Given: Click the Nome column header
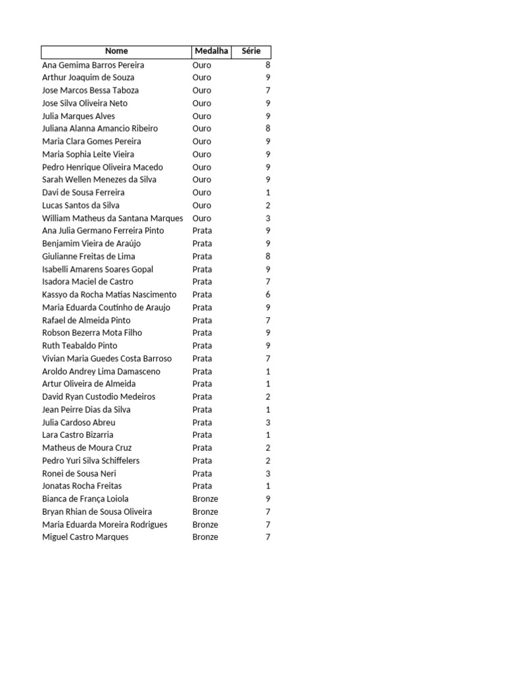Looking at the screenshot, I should (x=116, y=51).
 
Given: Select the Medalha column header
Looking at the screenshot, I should (x=211, y=51).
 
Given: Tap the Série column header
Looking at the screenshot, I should (x=251, y=51).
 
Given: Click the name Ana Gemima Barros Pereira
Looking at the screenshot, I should (x=93, y=65).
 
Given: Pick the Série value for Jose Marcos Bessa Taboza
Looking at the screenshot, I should (x=268, y=90).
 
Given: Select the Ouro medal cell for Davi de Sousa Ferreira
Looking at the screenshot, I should (x=202, y=193).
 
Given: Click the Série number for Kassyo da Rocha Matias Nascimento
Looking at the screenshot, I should (x=268, y=295).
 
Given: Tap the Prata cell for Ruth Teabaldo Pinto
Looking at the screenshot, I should (x=203, y=346).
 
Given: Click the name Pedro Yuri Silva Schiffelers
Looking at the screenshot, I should (x=91, y=461).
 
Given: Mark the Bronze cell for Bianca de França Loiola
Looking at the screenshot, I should (x=205, y=499).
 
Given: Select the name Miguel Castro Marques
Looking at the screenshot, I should (x=85, y=537).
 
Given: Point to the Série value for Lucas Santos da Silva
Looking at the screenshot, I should (x=268, y=205).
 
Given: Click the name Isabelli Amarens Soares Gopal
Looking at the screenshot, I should (x=97, y=269).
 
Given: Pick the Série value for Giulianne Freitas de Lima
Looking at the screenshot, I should (x=268, y=257).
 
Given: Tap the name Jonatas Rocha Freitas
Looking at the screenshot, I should (x=82, y=486).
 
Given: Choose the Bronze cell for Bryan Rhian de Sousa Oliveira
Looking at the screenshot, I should (x=205, y=512).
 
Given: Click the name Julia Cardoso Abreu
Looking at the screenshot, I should (x=79, y=423).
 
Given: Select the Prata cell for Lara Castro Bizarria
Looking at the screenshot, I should (x=203, y=435).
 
